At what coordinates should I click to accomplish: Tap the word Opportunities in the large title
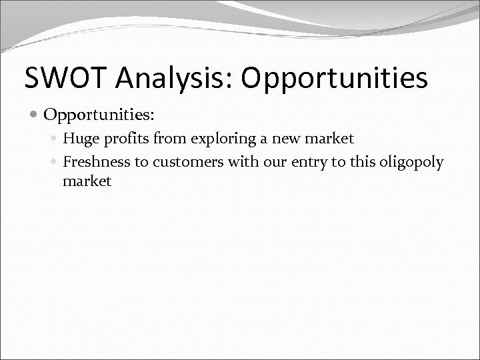(334, 78)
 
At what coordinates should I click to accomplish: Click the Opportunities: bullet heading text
(99, 115)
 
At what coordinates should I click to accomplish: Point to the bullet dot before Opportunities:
(35, 115)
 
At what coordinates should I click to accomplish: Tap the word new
(289, 139)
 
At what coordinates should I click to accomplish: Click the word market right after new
(331, 139)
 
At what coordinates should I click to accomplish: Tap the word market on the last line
(87, 181)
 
